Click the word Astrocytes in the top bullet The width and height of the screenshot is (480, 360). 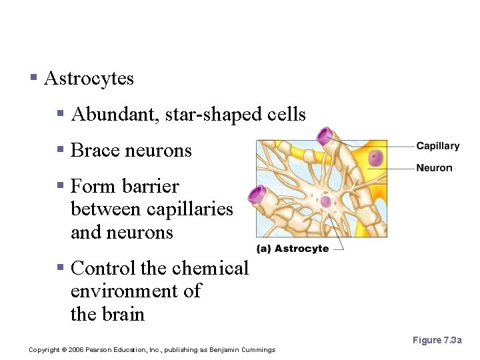89,79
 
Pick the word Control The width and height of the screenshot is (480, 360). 103,268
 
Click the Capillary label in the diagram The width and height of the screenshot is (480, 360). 437,146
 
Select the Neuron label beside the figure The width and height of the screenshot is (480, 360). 434,168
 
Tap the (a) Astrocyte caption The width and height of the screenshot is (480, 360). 293,248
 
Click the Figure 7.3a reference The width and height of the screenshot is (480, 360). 437,340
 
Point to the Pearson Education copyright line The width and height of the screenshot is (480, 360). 152,350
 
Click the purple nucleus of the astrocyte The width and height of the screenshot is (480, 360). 325,201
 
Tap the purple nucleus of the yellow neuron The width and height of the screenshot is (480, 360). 377,158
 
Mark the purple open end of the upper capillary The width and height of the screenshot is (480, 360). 327,137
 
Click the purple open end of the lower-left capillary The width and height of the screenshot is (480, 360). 257,195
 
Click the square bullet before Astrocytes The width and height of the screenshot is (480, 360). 33,79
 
